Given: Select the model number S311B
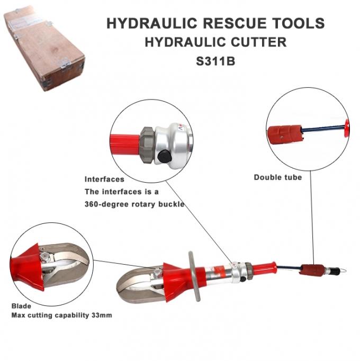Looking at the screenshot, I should click(215, 60).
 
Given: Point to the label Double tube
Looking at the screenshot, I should click(277, 177).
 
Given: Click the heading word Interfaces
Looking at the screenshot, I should click(104, 179).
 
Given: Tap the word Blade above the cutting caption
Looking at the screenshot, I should click(21, 306).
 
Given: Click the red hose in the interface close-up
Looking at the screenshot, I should click(124, 141).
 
